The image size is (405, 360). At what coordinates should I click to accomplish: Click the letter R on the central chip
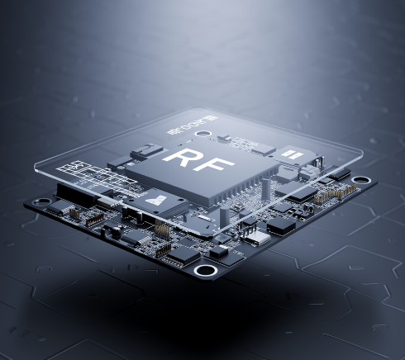click(181, 158)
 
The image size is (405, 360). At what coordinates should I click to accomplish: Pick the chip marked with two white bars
click(290, 154)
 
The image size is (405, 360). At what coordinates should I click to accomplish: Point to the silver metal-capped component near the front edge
click(259, 237)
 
